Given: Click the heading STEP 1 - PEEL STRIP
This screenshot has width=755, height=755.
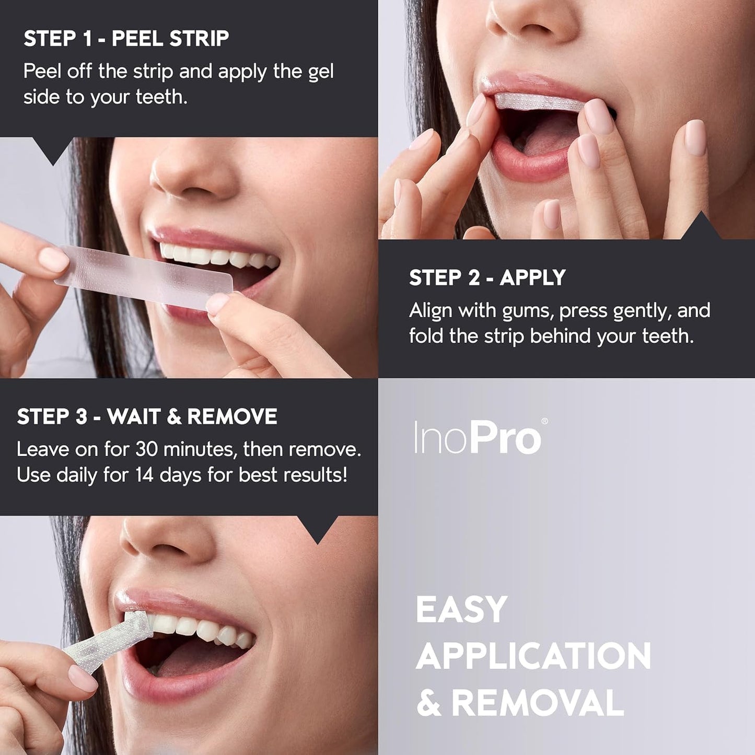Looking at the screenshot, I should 126,39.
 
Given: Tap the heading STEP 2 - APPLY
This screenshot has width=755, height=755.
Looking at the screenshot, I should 487,278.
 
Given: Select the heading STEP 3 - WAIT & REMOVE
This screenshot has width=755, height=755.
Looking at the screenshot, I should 147,417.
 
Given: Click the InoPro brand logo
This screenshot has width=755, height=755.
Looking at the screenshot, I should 478,438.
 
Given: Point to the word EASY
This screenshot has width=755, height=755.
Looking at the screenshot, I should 461,609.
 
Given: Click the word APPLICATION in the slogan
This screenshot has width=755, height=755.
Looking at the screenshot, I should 533,656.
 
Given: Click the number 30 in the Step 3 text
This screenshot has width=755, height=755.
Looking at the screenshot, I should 147,449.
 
